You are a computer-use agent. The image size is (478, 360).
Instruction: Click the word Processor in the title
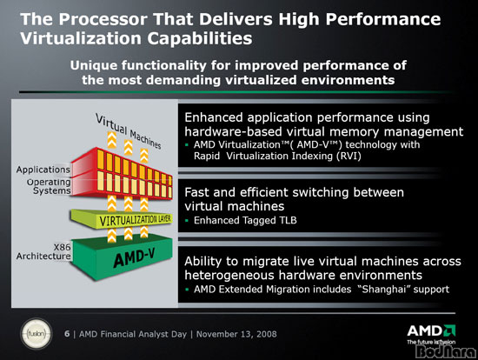103,19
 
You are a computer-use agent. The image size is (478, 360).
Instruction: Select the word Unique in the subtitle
94,65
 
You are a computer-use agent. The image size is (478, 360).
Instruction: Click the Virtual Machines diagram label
128,131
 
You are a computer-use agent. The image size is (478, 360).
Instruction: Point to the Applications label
43,170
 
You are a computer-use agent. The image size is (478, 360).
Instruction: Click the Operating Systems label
49,186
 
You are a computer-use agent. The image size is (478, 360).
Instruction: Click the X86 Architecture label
43,251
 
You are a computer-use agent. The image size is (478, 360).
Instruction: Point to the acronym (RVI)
349,157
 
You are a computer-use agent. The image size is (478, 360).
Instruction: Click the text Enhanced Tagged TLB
245,220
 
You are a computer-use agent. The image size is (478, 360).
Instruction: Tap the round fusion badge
36,334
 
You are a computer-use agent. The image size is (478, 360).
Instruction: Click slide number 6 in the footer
67,334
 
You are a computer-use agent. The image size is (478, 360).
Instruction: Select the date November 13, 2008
236,334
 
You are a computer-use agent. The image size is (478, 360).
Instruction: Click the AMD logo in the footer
431,332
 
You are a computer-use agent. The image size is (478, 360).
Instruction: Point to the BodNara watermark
447,351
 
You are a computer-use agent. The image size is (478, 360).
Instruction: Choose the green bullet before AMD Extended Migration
187,290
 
